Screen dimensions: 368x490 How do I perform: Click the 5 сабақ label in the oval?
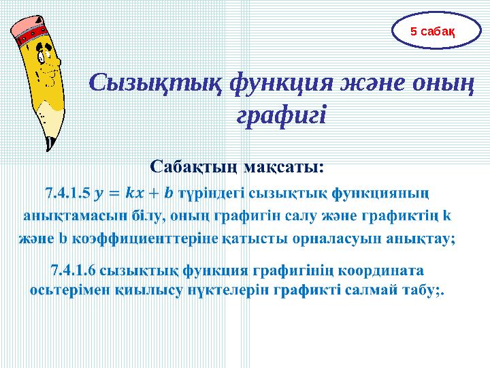432,31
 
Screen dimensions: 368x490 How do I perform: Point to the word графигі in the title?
281,114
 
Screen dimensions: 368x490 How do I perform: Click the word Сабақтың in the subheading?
193,166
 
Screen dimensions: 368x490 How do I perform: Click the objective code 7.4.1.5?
67,193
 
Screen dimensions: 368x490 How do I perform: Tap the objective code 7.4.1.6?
74,271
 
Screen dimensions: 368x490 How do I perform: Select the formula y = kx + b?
135,193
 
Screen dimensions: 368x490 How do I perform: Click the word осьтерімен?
68,290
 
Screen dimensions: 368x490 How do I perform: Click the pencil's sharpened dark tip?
49,144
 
